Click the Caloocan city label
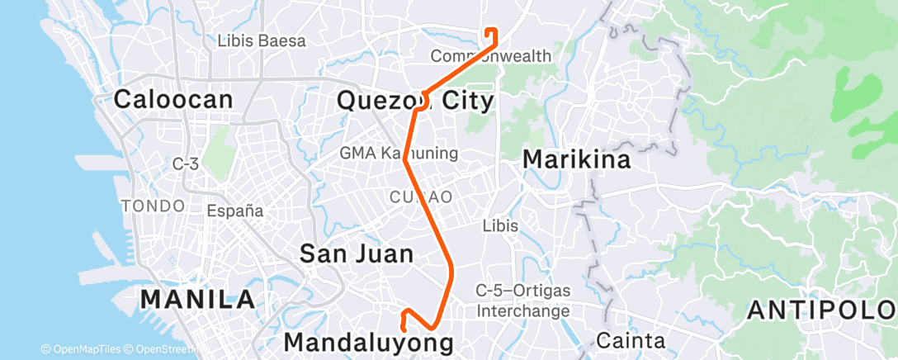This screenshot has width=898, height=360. click(x=173, y=100)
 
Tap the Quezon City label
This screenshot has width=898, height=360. click(x=416, y=102)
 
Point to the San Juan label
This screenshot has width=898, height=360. click(x=356, y=253)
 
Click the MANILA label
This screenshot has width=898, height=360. click(x=197, y=299)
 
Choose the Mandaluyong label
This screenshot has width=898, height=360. click(x=368, y=341)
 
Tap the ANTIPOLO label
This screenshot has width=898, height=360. click(x=820, y=310)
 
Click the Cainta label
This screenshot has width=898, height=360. click(x=630, y=340)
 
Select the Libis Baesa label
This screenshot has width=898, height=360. click(x=262, y=40)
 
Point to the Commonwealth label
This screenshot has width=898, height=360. click(x=491, y=56)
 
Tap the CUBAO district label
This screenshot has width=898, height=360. click(x=421, y=197)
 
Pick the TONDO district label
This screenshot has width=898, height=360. click(x=153, y=205)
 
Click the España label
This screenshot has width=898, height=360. click(x=235, y=211)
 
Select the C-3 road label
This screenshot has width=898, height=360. click(x=185, y=164)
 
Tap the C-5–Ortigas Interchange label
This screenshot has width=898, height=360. click(x=522, y=301)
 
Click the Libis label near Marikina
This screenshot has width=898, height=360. click(x=501, y=225)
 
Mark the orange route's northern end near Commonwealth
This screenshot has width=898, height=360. click(x=486, y=31)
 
